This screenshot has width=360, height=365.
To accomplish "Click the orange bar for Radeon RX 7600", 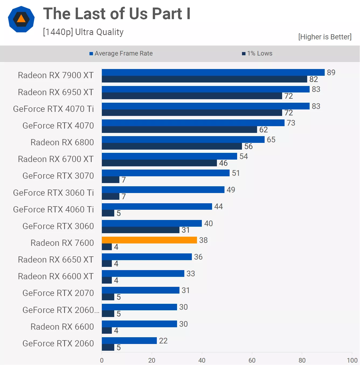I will tap(149, 240).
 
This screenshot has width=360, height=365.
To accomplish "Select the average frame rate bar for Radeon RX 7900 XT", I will tap(213, 72).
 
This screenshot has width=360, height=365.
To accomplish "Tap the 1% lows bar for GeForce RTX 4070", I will tap(179, 130).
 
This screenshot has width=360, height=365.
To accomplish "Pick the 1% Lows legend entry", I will tap(257, 53).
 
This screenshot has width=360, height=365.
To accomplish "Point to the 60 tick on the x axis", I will tap(252, 360).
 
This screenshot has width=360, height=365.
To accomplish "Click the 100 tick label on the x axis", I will tap(352, 360).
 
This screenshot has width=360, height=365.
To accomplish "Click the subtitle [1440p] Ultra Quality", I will tap(83, 32).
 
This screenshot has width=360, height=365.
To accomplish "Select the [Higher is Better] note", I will tap(325, 37).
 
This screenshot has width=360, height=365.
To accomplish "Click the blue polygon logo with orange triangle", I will tap(21, 19).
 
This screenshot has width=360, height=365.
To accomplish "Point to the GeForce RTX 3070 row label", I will tap(58, 176).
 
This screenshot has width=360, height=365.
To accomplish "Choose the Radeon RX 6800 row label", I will tap(62, 142).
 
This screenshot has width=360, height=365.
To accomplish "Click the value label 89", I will tap(331, 72).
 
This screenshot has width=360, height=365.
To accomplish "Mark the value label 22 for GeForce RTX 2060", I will tap(163, 340).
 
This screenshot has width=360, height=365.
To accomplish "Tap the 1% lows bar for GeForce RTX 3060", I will tap(140, 230).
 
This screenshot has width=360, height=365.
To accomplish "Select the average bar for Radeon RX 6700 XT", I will tap(169, 156).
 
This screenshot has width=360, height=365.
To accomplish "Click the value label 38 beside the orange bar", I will tap(203, 240).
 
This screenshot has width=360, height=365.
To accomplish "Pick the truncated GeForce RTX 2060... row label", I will tap(61, 310).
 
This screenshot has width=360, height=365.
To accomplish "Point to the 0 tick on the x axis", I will tap(102, 360).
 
